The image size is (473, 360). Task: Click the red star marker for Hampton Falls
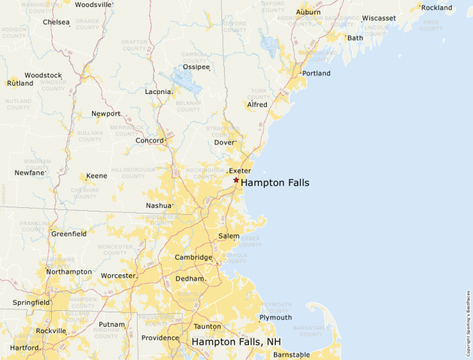[236, 180]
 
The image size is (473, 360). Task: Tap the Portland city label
[316, 73]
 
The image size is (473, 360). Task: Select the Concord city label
[149, 140]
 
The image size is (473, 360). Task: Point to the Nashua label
[158, 205]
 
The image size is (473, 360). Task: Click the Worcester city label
[118, 276]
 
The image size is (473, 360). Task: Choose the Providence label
[160, 338]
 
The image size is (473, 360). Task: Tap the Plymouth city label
[275, 317]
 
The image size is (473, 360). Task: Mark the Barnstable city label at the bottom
[291, 354]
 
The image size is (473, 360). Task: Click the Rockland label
[436, 8]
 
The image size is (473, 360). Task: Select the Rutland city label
[19, 83]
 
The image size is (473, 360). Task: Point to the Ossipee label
[196, 67]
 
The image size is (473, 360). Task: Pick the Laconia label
[158, 91]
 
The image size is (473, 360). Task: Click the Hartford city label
[24, 348]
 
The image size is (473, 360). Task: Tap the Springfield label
[31, 303]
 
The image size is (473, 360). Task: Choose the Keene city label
[96, 176]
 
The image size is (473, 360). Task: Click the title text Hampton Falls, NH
[236, 341]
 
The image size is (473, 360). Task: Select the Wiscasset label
[379, 18]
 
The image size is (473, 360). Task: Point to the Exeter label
[239, 171]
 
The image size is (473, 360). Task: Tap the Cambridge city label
[193, 257]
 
